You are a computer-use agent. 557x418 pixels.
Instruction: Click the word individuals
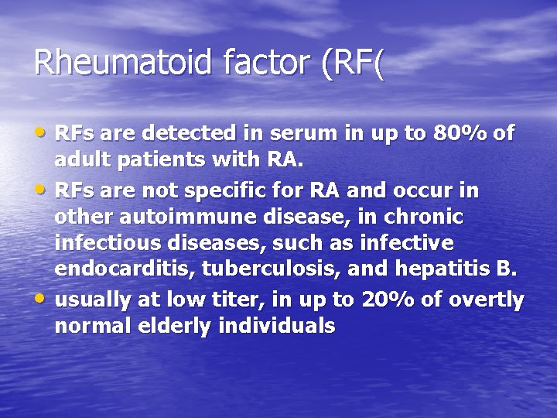(277, 326)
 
